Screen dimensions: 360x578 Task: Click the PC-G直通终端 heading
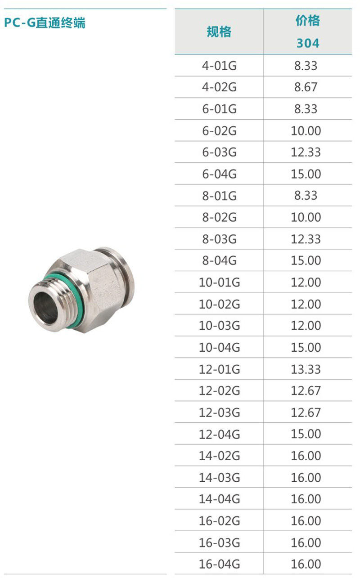(x=45, y=22)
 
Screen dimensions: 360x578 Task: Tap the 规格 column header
(x=219, y=32)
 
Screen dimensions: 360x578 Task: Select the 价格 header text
(x=308, y=21)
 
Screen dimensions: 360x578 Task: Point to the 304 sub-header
(x=308, y=43)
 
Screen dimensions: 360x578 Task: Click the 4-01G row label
(x=219, y=66)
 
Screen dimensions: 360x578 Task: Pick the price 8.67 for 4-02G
(x=306, y=87)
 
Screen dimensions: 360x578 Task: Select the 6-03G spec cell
(x=219, y=152)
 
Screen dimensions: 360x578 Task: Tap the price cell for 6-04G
(x=306, y=174)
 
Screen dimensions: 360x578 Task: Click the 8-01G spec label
(x=219, y=196)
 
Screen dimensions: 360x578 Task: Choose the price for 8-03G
(x=306, y=239)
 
